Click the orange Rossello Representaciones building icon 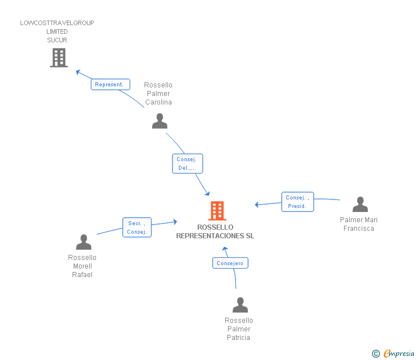coord(217,211)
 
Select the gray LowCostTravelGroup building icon coord(59,58)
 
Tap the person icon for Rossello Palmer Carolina coord(159,121)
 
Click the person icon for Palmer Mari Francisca coord(360,205)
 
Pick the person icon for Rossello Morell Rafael coord(83,242)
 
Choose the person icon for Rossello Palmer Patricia coord(240,305)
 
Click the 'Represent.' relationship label coord(110,85)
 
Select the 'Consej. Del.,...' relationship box coord(187,163)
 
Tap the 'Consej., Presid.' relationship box coord(297,202)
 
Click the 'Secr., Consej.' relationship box coord(137,227)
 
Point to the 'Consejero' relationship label coord(230,263)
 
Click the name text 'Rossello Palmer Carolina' coord(158,94)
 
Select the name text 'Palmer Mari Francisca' coord(359,224)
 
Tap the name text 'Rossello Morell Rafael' coord(82,266)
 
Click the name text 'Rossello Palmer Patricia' coord(239,329)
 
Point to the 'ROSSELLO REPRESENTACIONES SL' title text coord(215,231)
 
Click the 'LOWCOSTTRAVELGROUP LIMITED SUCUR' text coord(57,31)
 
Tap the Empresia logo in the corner coord(399,353)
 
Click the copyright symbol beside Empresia coord(375,354)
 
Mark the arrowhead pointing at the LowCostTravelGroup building coord(79,72)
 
